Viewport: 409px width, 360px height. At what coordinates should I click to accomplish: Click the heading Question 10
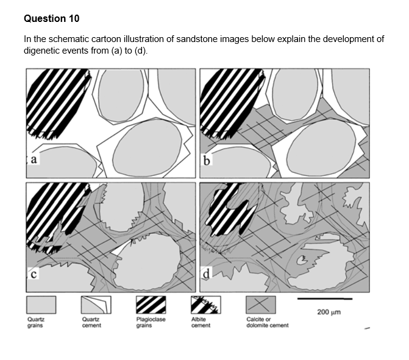(52, 19)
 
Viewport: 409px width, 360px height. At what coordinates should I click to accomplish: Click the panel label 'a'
(34, 160)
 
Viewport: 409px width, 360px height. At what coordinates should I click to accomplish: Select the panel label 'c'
(34, 274)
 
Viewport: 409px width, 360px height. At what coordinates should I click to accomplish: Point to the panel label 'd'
(208, 274)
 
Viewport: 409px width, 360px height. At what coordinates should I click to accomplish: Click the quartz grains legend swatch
(41, 305)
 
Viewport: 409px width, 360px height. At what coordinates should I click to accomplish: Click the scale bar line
(325, 299)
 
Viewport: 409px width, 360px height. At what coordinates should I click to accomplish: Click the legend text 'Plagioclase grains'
(151, 322)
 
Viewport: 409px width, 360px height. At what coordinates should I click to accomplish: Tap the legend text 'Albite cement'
(201, 322)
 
